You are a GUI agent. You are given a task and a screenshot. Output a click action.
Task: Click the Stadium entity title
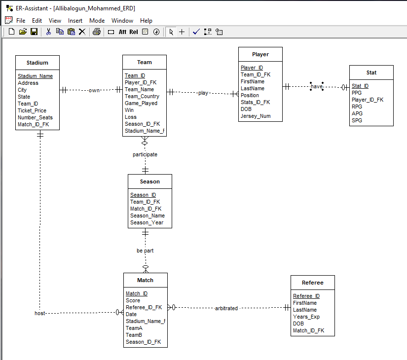coord(37,63)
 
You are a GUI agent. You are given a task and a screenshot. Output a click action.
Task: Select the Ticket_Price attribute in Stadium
coord(32,110)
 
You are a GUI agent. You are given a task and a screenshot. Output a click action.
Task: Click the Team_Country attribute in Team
coord(142,96)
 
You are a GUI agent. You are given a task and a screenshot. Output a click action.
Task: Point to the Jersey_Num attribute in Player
coord(256,116)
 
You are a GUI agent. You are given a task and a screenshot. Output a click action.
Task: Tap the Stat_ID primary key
coord(360,86)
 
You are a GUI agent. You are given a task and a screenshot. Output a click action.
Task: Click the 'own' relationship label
coord(94,90)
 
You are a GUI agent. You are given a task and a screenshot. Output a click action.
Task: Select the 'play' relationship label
coord(203,93)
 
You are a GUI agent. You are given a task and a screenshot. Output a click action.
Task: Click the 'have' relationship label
coord(317,86)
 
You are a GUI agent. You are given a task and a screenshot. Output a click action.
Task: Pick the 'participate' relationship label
coord(145,154)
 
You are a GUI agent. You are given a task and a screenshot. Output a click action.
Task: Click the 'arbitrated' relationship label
coord(226,308)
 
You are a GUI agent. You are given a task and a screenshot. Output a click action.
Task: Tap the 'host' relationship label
coord(40,313)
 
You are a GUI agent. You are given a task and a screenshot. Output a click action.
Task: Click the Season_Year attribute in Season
coord(147,223)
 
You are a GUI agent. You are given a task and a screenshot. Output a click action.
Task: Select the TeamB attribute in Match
coord(134,335)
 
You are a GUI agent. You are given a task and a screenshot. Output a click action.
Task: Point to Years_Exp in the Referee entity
coord(306,317)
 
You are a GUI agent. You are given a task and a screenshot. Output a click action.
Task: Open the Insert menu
coord(75,21)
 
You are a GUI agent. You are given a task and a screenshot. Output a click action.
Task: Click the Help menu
coord(146,21)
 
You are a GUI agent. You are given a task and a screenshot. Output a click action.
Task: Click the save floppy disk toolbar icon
coord(34,32)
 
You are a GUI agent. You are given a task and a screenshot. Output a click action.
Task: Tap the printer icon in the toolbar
coord(97,32)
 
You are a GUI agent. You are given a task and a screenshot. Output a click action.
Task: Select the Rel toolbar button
coord(134,32)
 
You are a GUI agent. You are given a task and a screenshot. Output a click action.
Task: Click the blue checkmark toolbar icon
coord(196,32)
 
